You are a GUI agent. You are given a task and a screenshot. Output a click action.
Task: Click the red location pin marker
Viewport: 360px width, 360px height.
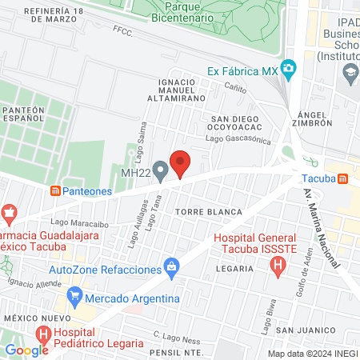click(181, 163)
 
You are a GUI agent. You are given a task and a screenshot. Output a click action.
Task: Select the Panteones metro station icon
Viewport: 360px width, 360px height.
click(55, 190)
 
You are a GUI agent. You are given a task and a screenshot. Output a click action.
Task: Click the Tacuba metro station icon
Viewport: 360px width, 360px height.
click(342, 178)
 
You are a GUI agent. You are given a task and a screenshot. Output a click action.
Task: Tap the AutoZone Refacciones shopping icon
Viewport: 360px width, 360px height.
click(170, 265)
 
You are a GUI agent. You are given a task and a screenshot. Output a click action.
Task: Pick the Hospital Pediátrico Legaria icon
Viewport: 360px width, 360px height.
click(43, 334)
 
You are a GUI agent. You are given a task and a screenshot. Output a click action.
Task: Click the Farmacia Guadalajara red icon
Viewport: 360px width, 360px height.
click(10, 214)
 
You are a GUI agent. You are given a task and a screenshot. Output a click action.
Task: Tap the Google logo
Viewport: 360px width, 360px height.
click(26, 350)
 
